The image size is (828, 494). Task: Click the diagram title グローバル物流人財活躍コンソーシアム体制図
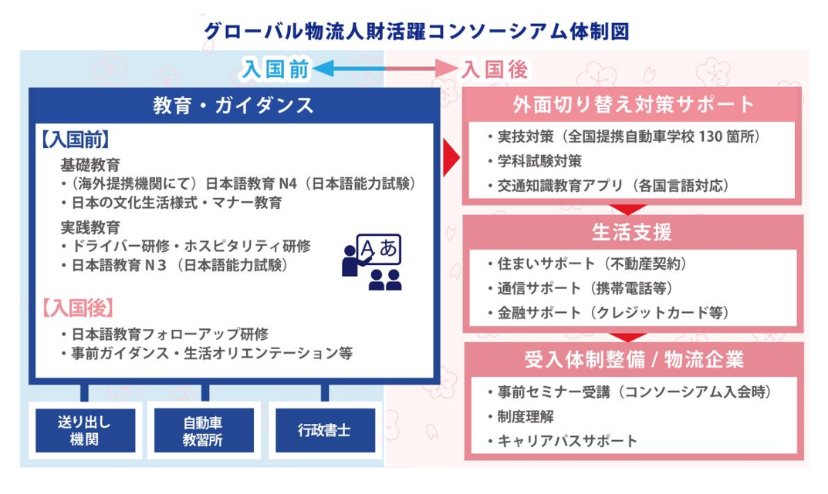click(417, 31)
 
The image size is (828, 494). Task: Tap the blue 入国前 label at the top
click(275, 69)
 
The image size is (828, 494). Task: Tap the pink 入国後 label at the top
click(495, 69)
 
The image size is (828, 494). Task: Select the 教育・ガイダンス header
click(233, 106)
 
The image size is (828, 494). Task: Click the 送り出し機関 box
click(85, 430)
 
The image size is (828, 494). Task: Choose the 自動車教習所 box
click(203, 430)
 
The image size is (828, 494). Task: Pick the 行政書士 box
click(325, 430)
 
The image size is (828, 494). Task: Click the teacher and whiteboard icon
click(372, 262)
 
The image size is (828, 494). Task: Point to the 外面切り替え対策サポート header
click(633, 104)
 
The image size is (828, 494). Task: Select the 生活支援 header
click(631, 232)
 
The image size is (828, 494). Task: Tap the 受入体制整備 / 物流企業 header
click(634, 360)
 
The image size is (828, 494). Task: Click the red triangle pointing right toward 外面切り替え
click(451, 158)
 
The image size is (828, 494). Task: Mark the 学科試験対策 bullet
click(535, 161)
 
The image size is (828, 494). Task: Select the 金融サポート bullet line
click(608, 313)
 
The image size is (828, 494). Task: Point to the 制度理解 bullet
click(521, 416)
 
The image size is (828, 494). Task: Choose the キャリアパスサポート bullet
click(563, 441)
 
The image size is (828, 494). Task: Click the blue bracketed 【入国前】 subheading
click(74, 139)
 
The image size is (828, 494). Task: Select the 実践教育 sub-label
click(90, 227)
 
